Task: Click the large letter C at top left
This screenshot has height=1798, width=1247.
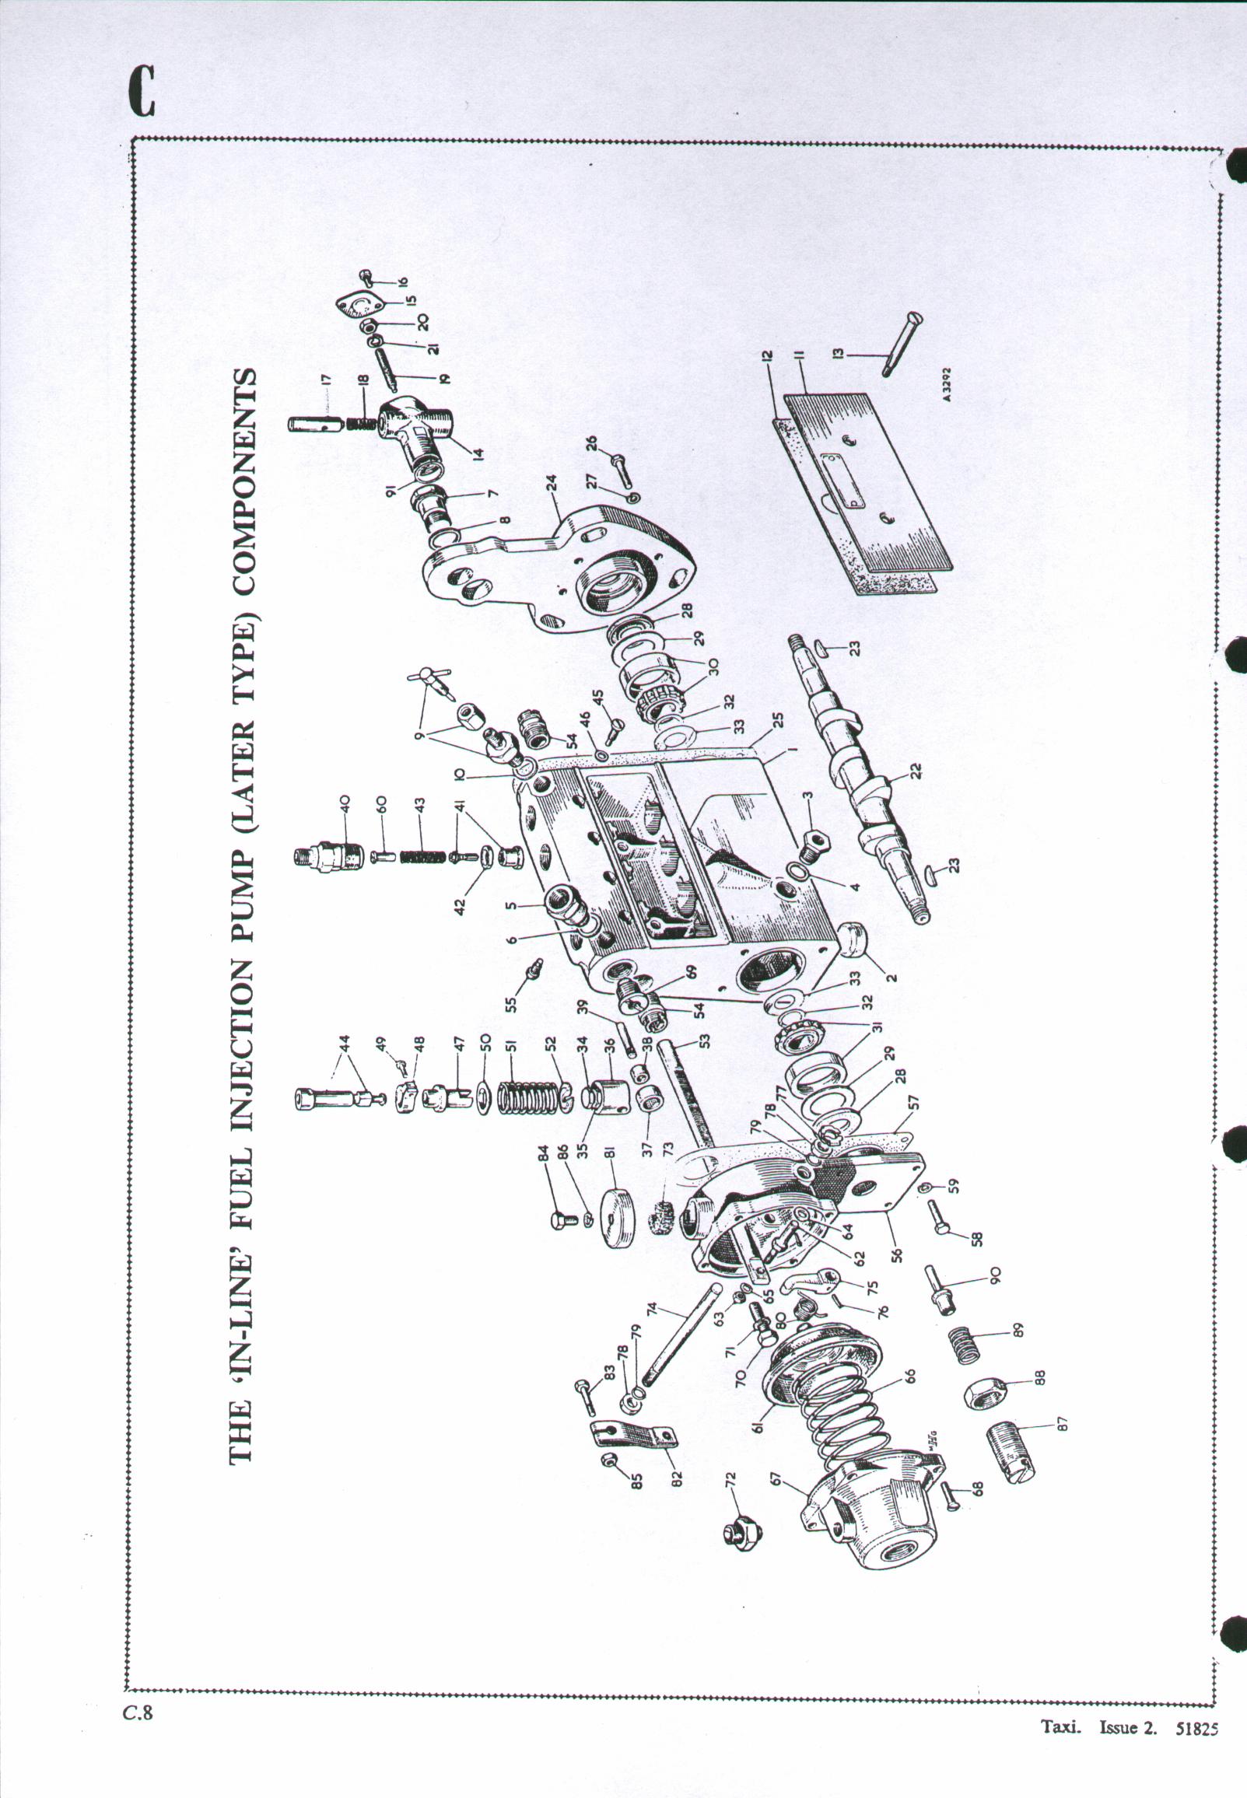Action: tap(142, 92)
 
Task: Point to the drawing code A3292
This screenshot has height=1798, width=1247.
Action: tap(947, 385)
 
